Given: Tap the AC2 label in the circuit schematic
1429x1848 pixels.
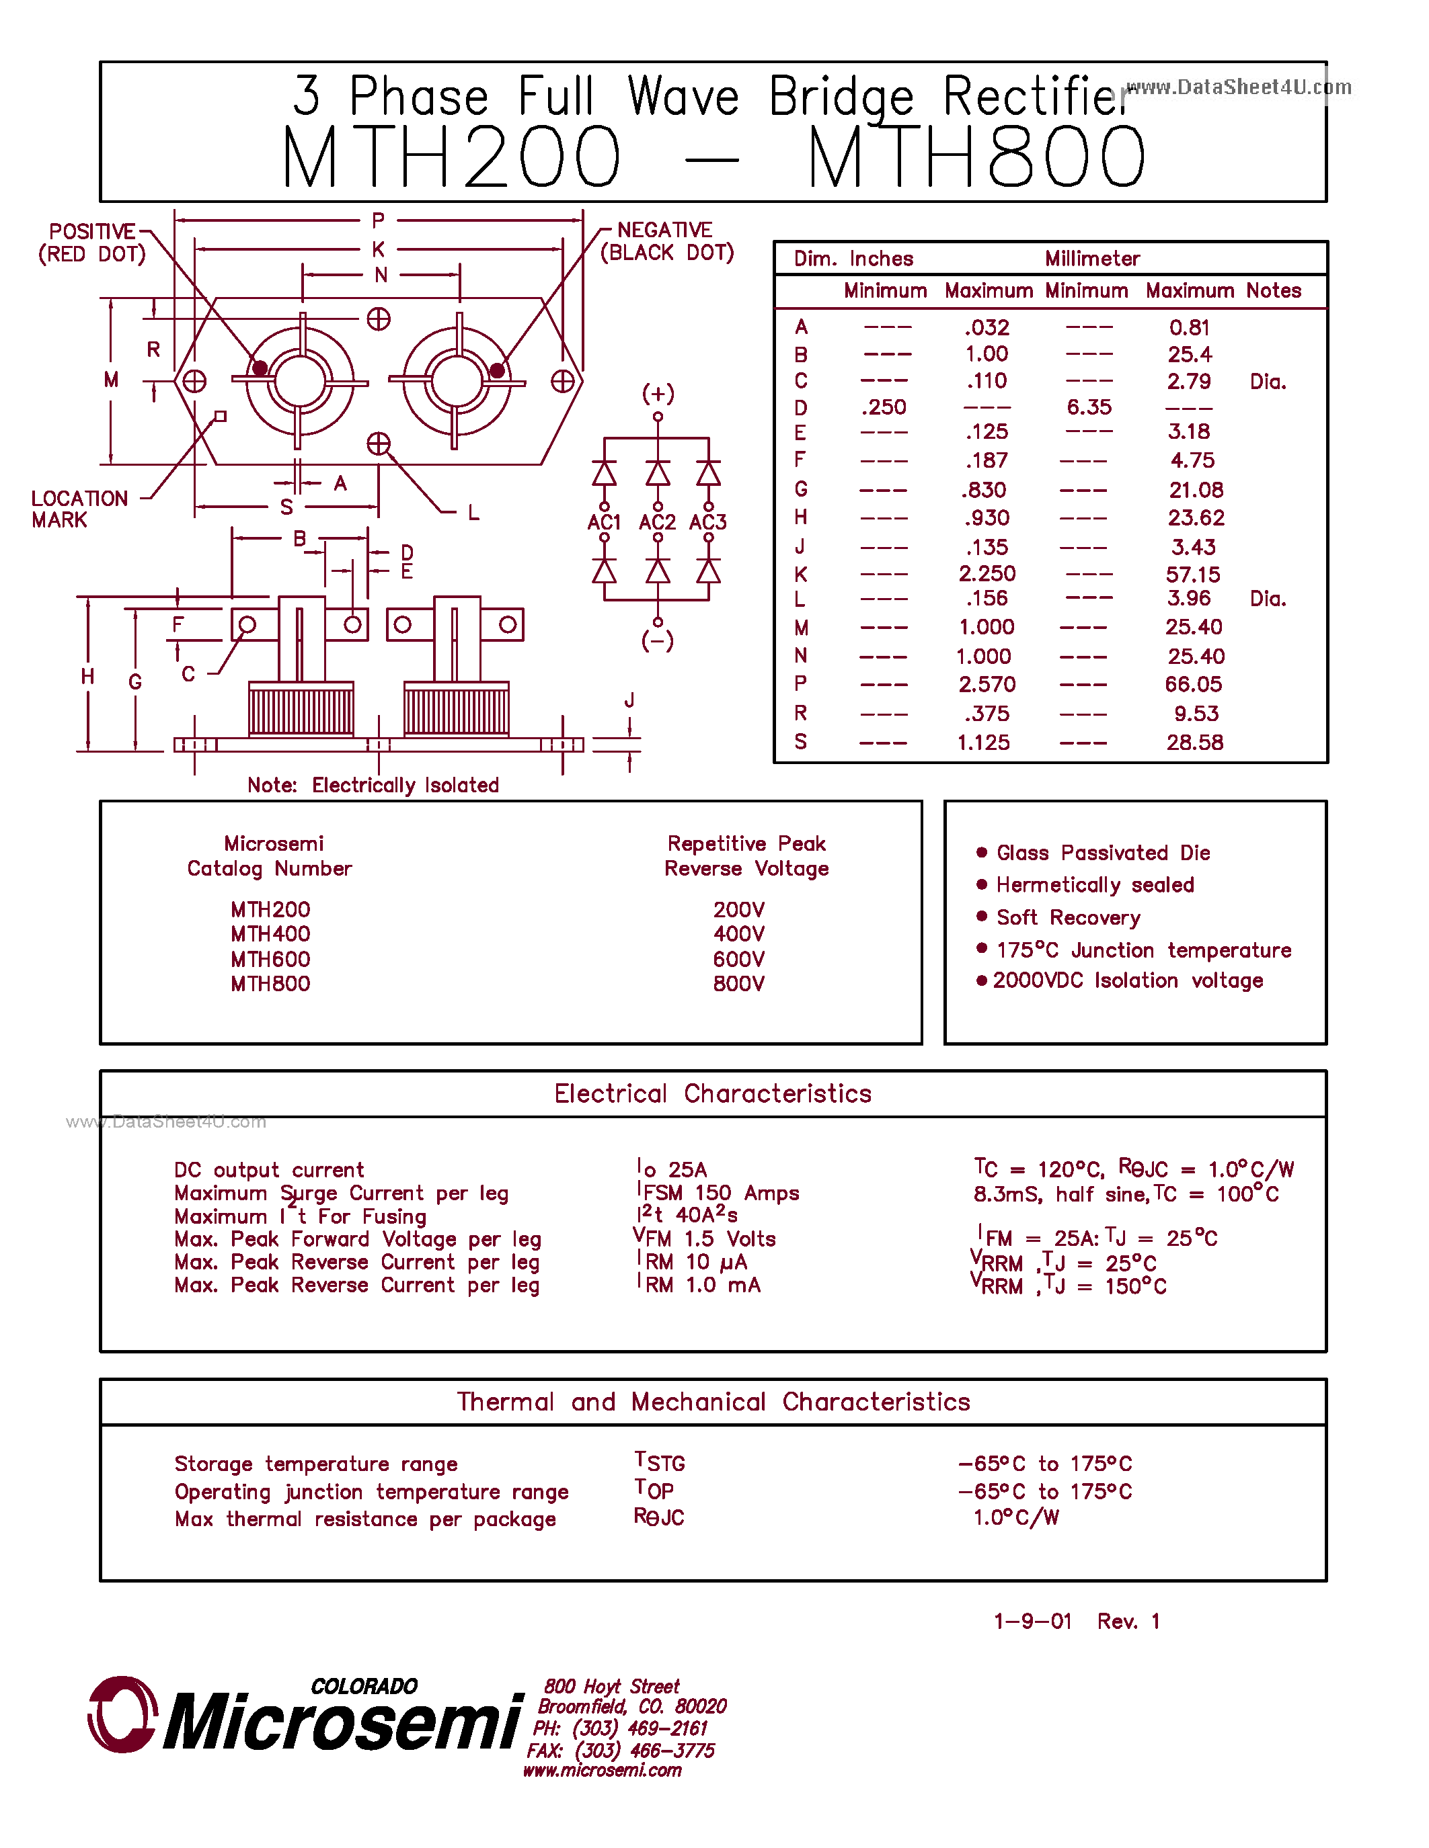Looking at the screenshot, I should [x=657, y=522].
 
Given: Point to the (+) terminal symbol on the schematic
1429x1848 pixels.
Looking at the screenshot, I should [x=658, y=394].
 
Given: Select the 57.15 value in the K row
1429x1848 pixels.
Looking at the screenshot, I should [x=1193, y=575].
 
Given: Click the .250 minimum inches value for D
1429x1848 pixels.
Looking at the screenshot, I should [x=884, y=407].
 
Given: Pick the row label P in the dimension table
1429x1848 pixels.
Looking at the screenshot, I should [x=800, y=683].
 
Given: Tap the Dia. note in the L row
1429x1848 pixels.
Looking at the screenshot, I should [x=1268, y=599].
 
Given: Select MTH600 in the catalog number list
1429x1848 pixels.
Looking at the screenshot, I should [x=270, y=959].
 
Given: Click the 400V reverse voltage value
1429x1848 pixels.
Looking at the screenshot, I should [x=738, y=934].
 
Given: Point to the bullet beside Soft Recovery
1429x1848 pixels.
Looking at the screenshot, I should [x=981, y=917].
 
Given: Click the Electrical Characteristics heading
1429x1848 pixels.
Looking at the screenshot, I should [x=713, y=1093].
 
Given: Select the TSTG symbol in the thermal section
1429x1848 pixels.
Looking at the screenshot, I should [x=660, y=1462].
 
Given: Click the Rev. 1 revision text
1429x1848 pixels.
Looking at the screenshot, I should [x=1128, y=1622].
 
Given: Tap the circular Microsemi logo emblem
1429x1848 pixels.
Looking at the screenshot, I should [x=123, y=1714].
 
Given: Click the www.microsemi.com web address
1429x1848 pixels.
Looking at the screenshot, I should [x=602, y=1770].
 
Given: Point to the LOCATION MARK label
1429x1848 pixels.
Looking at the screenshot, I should [x=79, y=509].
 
